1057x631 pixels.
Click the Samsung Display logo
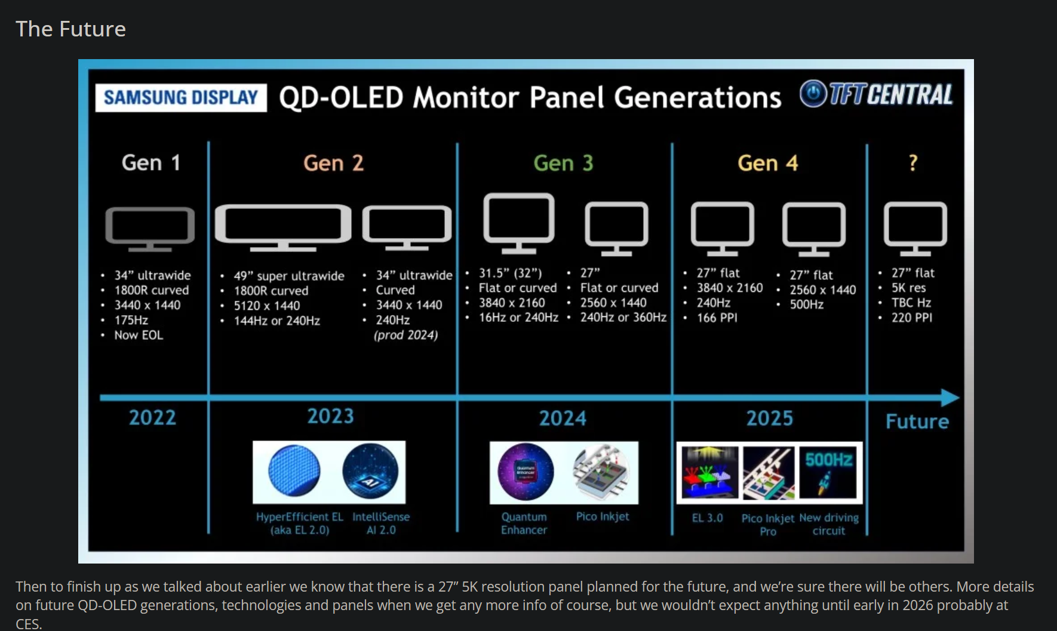point(180,97)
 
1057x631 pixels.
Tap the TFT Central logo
point(876,94)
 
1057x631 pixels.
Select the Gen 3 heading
point(563,163)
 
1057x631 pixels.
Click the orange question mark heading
point(912,162)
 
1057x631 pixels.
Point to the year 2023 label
point(330,416)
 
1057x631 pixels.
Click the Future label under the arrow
point(917,421)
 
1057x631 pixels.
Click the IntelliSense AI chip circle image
point(370,472)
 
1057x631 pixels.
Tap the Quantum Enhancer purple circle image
point(526,472)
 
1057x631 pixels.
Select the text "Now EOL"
point(139,335)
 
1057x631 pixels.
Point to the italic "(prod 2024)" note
point(406,335)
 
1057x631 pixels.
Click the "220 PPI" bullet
point(911,318)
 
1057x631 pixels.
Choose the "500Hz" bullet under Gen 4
point(806,304)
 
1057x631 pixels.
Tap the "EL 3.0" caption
point(707,518)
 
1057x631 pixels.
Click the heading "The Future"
point(70,29)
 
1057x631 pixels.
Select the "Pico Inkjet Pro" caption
point(768,525)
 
